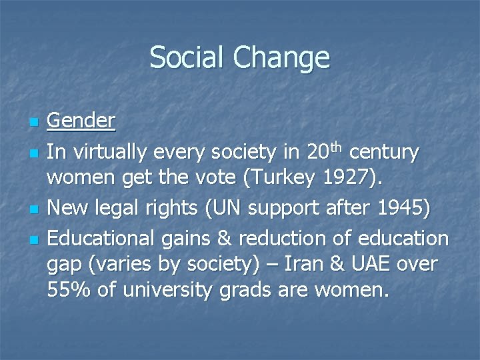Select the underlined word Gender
tap(81, 121)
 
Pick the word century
tap(385, 153)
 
